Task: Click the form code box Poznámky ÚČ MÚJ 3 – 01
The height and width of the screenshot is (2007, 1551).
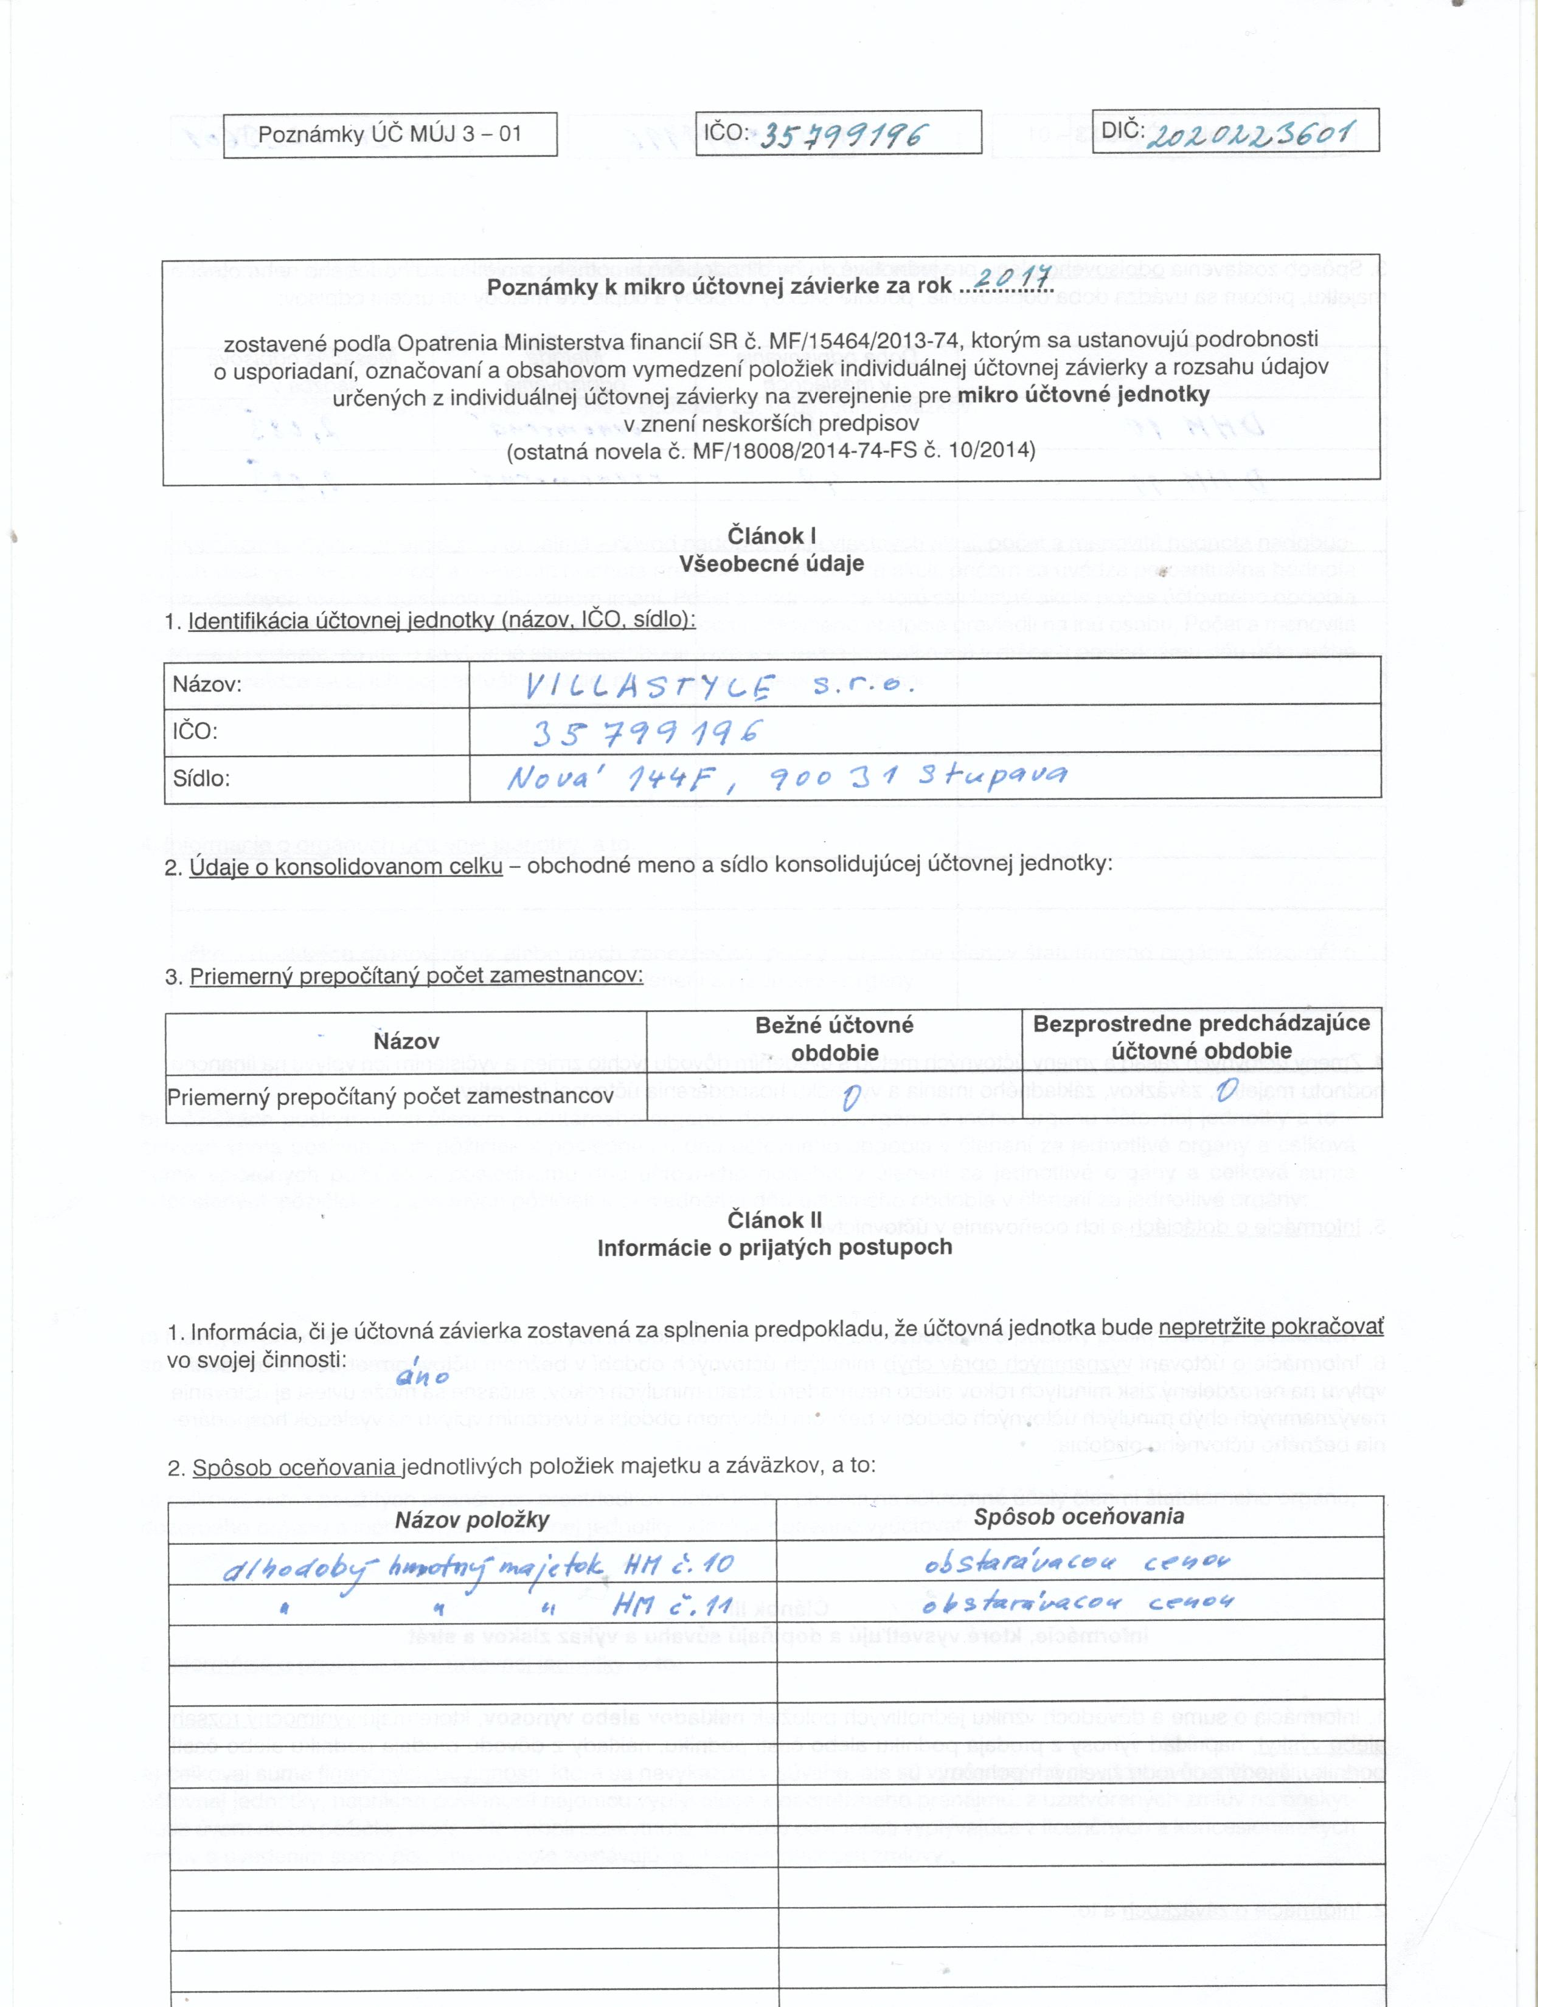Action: (390, 134)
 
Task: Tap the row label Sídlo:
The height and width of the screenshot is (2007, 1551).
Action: (201, 778)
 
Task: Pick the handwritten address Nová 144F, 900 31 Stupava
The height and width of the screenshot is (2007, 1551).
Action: (786, 778)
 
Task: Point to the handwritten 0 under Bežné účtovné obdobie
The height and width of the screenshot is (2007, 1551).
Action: (850, 1097)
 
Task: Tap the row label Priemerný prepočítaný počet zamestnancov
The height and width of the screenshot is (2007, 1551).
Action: (390, 1097)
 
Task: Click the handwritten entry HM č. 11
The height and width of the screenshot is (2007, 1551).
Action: (671, 1606)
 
